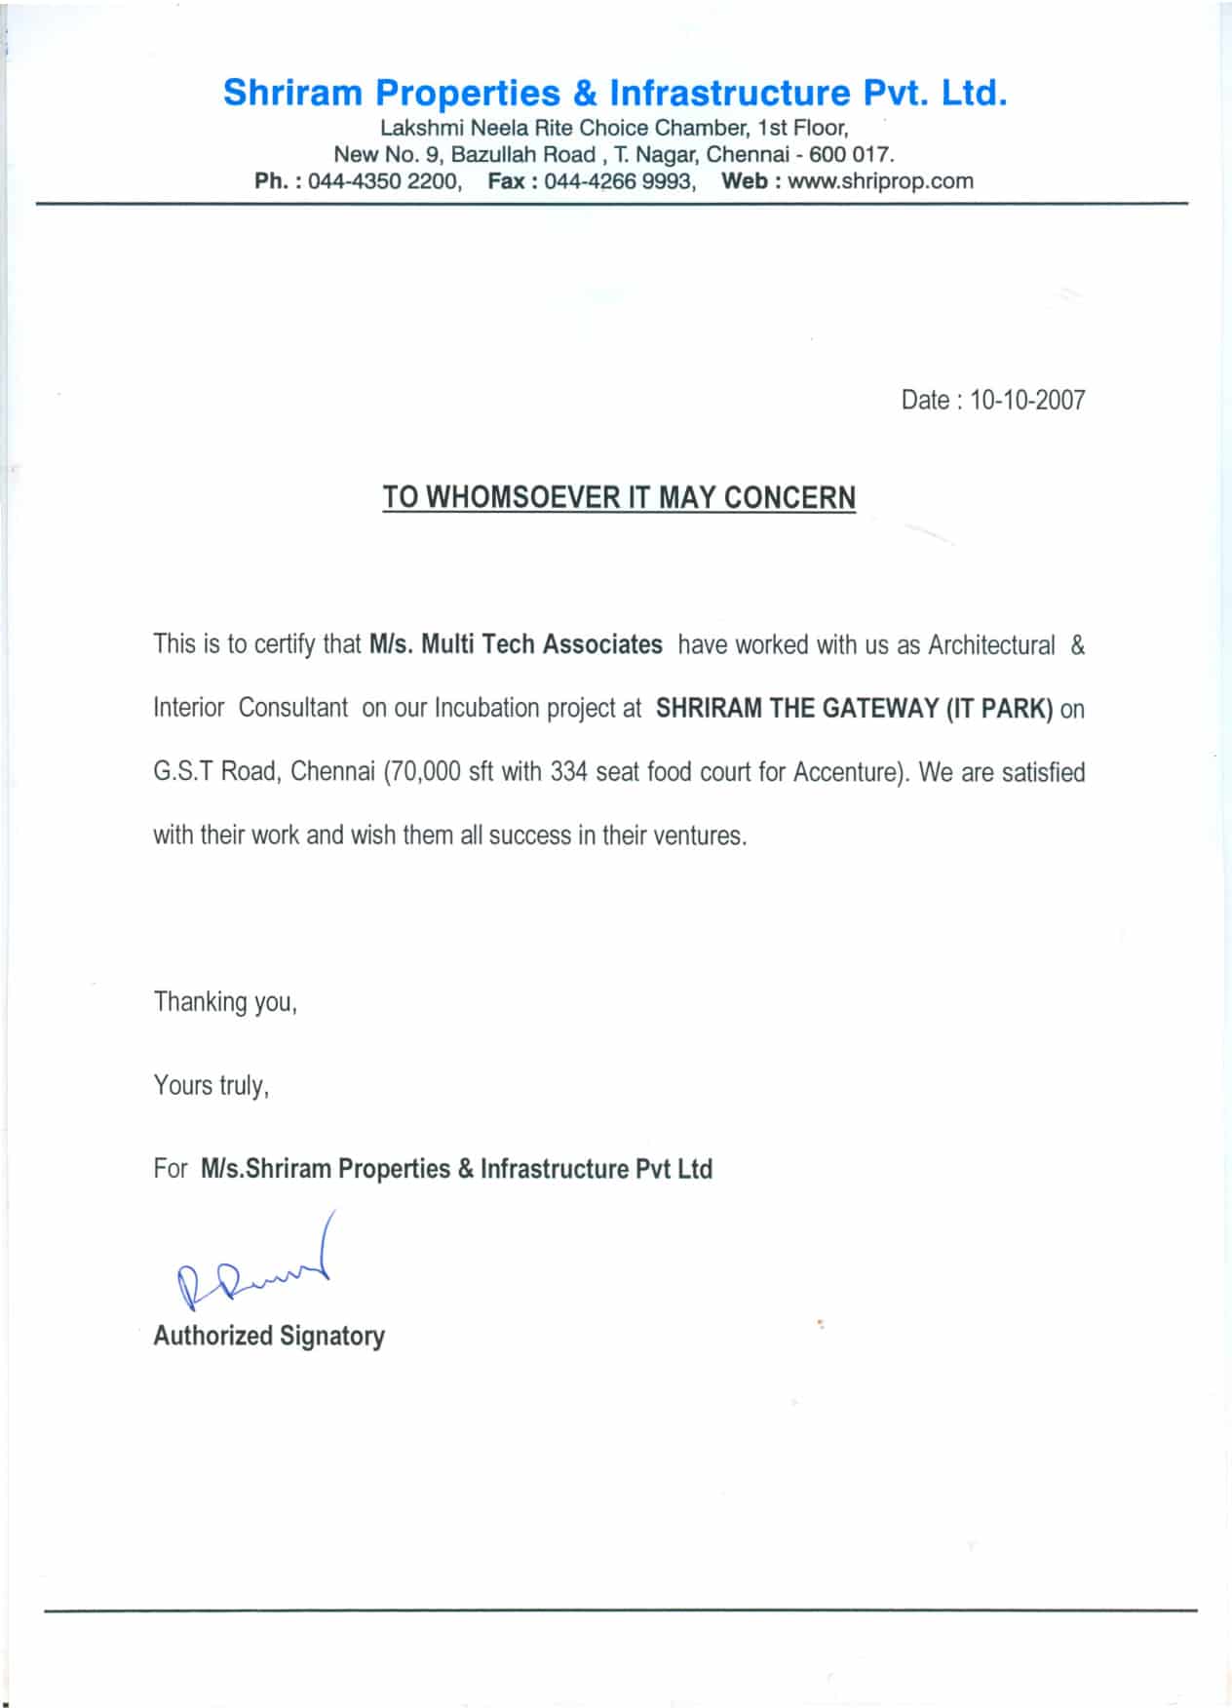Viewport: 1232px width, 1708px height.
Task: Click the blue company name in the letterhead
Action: [x=614, y=94]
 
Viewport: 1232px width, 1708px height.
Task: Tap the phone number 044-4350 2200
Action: [x=384, y=181]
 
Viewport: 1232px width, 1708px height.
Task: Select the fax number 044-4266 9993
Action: [x=619, y=181]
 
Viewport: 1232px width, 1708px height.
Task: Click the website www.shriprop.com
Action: [x=880, y=181]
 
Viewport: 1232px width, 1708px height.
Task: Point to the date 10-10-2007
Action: [x=1027, y=401]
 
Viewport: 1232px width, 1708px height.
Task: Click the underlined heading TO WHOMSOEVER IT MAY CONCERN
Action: [x=619, y=498]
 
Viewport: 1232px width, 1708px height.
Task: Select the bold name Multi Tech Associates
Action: [x=541, y=645]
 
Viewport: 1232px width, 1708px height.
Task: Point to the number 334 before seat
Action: [x=568, y=772]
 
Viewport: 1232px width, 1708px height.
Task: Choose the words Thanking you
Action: [x=225, y=1002]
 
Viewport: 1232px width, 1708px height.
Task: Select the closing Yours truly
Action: [x=211, y=1086]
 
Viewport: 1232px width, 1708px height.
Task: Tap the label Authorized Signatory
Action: [x=269, y=1336]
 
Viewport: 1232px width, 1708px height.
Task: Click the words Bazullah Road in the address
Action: [x=522, y=155]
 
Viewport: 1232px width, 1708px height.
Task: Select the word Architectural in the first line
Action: [x=990, y=645]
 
